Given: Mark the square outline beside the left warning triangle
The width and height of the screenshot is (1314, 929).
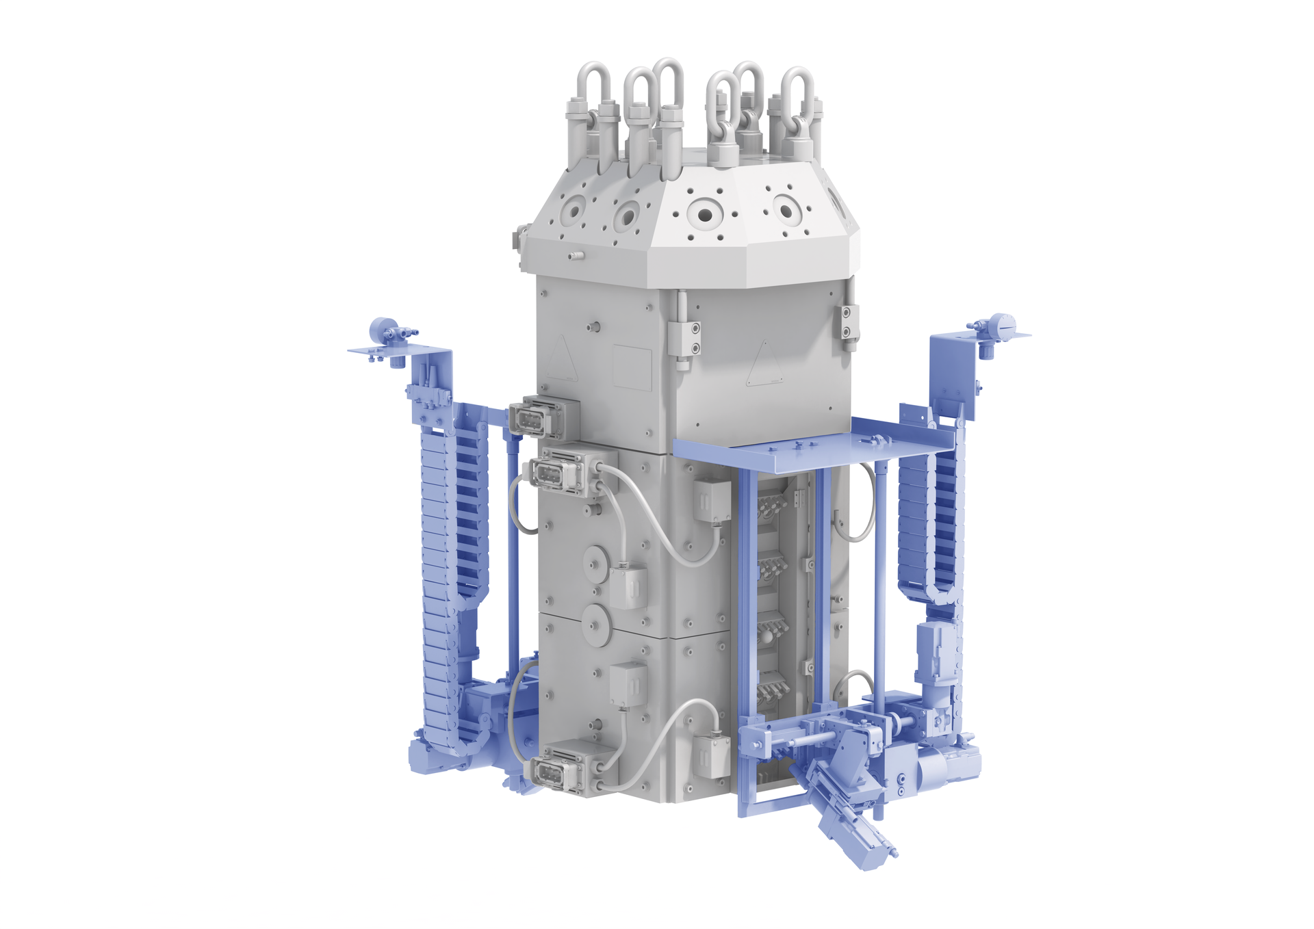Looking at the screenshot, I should point(632,368).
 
